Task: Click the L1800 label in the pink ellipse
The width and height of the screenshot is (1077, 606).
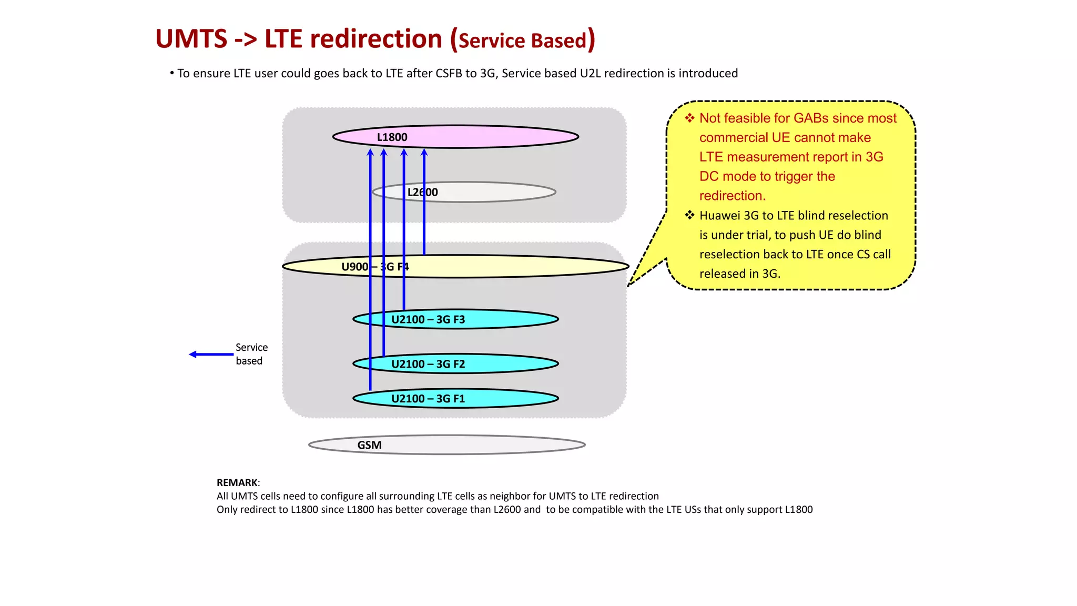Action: pyautogui.click(x=392, y=137)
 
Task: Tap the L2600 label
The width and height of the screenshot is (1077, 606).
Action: pyautogui.click(x=422, y=193)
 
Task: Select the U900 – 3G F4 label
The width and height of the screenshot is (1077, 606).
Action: pyautogui.click(x=375, y=267)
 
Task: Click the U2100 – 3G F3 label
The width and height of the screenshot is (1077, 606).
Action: pyautogui.click(x=428, y=319)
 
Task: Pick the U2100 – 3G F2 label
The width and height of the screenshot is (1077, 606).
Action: pyautogui.click(x=428, y=364)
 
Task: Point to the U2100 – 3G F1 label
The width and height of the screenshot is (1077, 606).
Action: pyautogui.click(x=428, y=399)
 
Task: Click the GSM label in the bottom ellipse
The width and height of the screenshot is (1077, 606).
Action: pyautogui.click(x=369, y=445)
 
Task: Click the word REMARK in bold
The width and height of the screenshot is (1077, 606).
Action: pyautogui.click(x=237, y=482)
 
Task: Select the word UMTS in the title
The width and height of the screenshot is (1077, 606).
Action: pyautogui.click(x=191, y=39)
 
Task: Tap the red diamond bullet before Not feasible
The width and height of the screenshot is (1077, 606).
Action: pyautogui.click(x=689, y=118)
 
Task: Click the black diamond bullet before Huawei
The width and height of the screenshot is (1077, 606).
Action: pyautogui.click(x=689, y=215)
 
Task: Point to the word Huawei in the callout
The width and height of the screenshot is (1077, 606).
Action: pyautogui.click(x=720, y=216)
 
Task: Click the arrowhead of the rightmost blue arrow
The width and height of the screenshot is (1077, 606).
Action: pyautogui.click(x=424, y=153)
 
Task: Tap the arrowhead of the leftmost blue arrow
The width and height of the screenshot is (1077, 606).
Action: pyautogui.click(x=370, y=153)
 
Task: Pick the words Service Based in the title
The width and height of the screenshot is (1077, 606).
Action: pyautogui.click(x=522, y=41)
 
